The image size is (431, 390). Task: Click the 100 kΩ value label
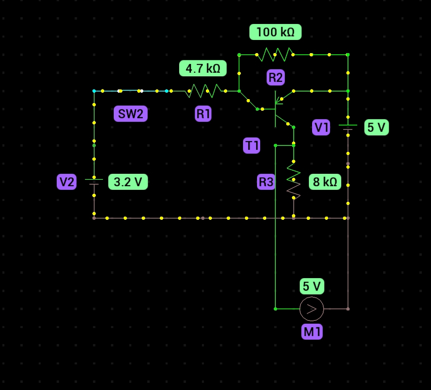[x=275, y=32]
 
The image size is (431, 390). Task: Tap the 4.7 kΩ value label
[x=203, y=68]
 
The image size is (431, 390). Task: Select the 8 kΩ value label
[x=325, y=182]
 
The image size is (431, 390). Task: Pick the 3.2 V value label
[x=128, y=182]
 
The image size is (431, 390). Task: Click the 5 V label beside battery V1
[x=376, y=127]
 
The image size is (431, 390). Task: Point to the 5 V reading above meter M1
[x=312, y=286]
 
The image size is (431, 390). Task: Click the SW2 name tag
[x=130, y=114]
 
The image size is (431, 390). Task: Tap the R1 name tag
[x=203, y=114]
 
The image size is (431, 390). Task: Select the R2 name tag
[x=275, y=78]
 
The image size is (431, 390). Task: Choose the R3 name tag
[x=266, y=182]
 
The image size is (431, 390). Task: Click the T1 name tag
[x=251, y=145]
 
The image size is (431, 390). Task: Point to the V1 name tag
[x=321, y=127]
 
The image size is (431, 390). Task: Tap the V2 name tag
[x=66, y=182]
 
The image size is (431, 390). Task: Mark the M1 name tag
[x=312, y=332]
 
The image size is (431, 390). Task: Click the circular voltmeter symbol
[x=312, y=309]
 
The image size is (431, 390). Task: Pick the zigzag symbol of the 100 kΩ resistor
[x=275, y=55]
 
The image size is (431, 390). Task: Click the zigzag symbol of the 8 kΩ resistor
[x=294, y=182]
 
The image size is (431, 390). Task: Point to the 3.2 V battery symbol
[x=94, y=182]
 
